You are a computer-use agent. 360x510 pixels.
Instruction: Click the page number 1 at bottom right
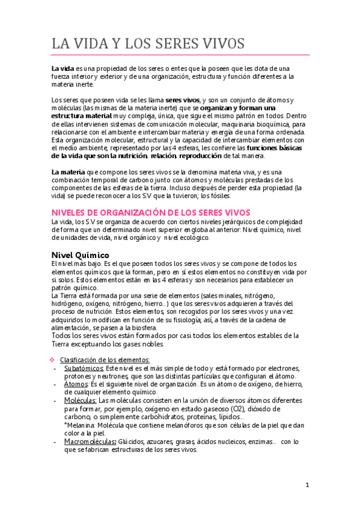307,485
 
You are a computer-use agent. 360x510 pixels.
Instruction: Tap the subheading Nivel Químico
80,254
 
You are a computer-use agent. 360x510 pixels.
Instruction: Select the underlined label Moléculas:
80,400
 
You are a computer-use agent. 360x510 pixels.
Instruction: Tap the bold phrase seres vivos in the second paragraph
183,99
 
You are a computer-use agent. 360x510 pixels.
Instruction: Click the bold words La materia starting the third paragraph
69,171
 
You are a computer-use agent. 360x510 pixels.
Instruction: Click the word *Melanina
78,425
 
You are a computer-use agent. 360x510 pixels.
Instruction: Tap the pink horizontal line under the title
180,55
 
